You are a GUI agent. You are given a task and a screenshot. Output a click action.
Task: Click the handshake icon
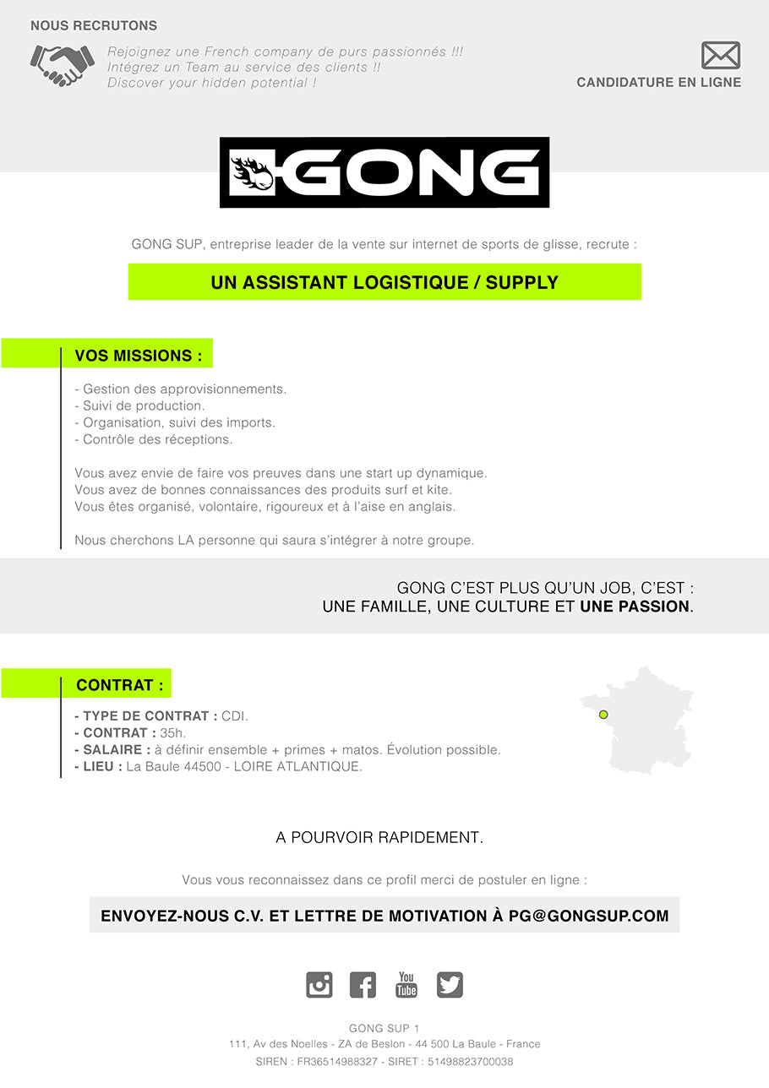click(x=63, y=66)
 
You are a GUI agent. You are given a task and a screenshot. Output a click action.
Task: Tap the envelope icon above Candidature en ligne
click(x=720, y=56)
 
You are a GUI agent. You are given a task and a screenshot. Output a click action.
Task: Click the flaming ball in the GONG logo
click(x=253, y=172)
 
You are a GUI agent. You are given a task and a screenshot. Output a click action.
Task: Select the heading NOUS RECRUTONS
click(x=94, y=26)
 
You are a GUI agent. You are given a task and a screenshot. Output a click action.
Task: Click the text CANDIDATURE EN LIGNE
click(x=658, y=83)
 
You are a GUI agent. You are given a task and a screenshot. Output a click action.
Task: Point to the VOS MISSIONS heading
click(x=139, y=356)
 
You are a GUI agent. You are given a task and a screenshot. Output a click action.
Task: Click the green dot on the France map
click(x=603, y=715)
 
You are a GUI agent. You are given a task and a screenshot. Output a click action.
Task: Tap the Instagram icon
click(x=319, y=985)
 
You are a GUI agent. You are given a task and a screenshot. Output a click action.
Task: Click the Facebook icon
click(x=363, y=985)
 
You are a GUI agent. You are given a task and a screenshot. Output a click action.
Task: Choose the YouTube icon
click(x=406, y=985)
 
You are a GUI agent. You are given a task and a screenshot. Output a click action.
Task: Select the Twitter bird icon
click(x=450, y=985)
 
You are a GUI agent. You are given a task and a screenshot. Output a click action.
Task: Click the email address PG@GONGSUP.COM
click(x=588, y=916)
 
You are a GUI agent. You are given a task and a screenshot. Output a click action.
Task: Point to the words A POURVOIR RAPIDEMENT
click(x=379, y=838)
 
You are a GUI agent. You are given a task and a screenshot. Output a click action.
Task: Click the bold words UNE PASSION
click(x=635, y=607)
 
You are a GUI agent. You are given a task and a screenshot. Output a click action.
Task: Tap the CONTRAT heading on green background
click(x=120, y=685)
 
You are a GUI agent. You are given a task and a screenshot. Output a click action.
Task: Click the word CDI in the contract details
click(x=235, y=716)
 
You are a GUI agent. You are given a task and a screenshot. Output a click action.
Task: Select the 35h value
click(x=172, y=733)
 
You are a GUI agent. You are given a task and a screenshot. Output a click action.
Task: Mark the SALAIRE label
click(x=116, y=750)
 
